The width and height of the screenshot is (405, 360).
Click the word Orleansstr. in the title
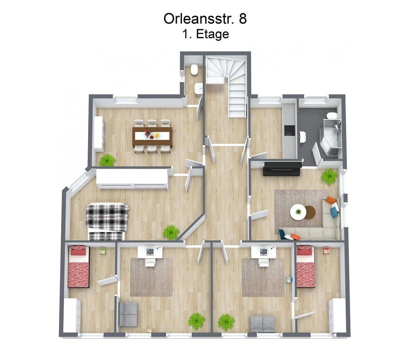199,19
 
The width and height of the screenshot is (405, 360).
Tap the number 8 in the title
243,19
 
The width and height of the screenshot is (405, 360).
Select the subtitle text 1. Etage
206,34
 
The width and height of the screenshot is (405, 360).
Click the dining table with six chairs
152,136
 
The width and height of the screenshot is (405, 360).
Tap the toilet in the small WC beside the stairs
194,70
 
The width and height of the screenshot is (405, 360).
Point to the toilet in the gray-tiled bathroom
332,116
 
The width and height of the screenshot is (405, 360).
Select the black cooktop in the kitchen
289,130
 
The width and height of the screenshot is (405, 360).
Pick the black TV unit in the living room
282,168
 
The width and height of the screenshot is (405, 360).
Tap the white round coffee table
298,212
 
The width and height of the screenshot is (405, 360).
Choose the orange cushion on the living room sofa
331,200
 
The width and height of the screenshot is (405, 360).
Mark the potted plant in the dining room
107,160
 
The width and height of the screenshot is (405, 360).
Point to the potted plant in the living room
329,176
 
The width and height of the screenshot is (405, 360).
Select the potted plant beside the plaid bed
171,232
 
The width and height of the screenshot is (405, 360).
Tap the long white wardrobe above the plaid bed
132,179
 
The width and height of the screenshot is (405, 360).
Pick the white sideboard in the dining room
98,133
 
